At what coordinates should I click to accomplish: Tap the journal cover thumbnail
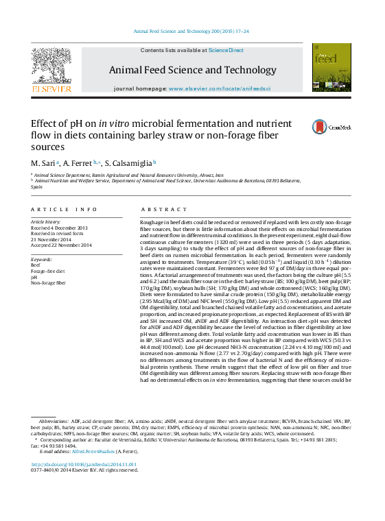click(x=331, y=69)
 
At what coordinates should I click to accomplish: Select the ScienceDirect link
click(x=226, y=50)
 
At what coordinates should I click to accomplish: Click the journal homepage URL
click(x=220, y=89)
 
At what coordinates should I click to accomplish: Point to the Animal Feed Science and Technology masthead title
click(x=192, y=70)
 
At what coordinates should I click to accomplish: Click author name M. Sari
click(x=44, y=163)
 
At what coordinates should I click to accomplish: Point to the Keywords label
click(x=42, y=260)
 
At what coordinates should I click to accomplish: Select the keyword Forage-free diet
click(x=48, y=271)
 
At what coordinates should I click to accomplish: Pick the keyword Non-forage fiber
click(x=49, y=282)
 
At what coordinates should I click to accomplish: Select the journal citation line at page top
click(x=191, y=32)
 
